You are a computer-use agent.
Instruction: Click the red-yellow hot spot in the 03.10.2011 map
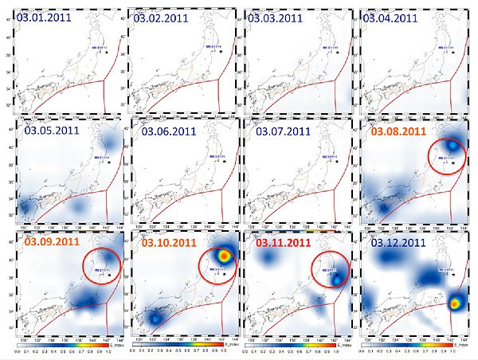click(x=225, y=256)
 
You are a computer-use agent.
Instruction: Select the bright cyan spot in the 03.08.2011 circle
click(x=453, y=146)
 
